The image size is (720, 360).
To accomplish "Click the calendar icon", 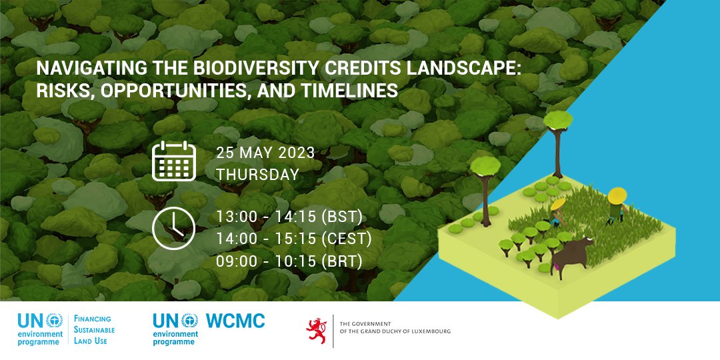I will (x=173, y=161).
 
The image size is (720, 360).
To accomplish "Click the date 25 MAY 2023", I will (x=265, y=153).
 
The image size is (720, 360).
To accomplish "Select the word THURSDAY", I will (x=257, y=175).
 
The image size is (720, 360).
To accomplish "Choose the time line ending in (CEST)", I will (x=294, y=239).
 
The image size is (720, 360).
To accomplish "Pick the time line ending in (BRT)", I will (x=289, y=261).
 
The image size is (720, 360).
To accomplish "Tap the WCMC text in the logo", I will (x=235, y=321).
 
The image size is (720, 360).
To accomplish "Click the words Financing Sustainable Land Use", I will (x=93, y=329).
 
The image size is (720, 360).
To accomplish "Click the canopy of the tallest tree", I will (x=557, y=121).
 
